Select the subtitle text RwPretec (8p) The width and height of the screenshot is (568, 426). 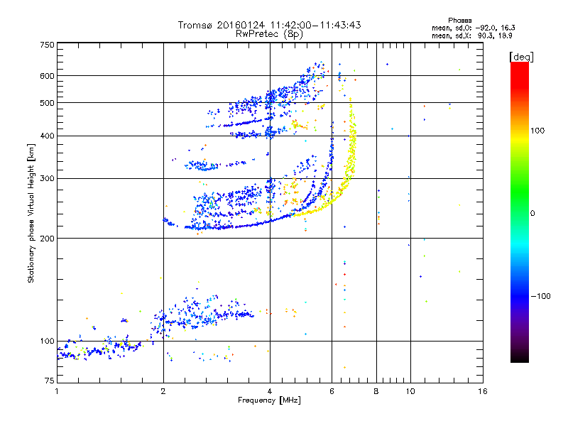pyautogui.click(x=269, y=34)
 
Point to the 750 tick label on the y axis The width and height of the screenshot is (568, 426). pyautogui.click(x=47, y=45)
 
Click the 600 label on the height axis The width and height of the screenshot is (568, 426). pyautogui.click(x=47, y=76)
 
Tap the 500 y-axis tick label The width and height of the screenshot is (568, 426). pyautogui.click(x=47, y=103)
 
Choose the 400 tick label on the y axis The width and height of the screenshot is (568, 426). pyautogui.click(x=47, y=136)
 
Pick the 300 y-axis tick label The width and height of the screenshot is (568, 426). pyautogui.click(x=47, y=179)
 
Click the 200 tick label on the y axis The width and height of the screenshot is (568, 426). pyautogui.click(x=47, y=239)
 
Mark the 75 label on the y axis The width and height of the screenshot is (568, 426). pyautogui.click(x=50, y=381)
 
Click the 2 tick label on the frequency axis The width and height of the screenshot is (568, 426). pyautogui.click(x=163, y=391)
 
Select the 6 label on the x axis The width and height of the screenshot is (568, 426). pyautogui.click(x=332, y=391)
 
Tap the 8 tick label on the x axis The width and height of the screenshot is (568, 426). pyautogui.click(x=376, y=391)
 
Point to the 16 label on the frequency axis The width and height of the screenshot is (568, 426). pyautogui.click(x=483, y=391)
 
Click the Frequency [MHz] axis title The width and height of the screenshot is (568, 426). pyautogui.click(x=269, y=400)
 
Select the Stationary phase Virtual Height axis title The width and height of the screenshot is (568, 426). pyautogui.click(x=31, y=214)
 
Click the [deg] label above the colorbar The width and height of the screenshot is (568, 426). pyautogui.click(x=521, y=57)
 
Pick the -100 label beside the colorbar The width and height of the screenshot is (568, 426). pyautogui.click(x=541, y=296)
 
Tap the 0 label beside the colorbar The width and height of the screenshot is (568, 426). pyautogui.click(x=532, y=214)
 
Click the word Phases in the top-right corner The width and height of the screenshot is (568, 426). pyautogui.click(x=459, y=21)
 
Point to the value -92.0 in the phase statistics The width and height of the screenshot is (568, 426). pyautogui.click(x=485, y=28)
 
